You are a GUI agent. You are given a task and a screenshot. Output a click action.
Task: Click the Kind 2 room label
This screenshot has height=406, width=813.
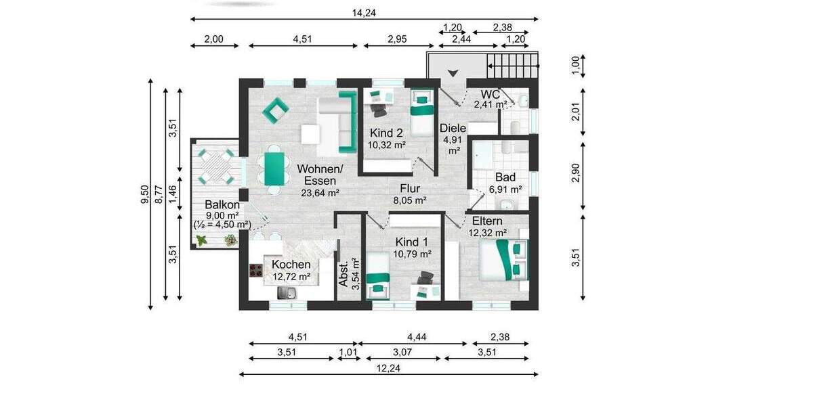386,133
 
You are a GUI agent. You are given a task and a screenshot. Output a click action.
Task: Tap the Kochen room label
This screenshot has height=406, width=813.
291,265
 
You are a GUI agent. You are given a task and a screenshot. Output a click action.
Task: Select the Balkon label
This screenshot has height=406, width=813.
222,204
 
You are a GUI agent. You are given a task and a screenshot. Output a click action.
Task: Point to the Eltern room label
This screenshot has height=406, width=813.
487,221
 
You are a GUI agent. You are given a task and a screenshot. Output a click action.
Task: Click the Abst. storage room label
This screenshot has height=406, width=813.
344,274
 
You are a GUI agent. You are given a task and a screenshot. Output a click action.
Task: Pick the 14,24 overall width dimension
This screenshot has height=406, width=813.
364,12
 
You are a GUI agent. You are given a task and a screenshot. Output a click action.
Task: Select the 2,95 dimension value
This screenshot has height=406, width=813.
397,39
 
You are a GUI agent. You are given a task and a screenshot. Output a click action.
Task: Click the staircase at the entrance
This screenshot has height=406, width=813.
512,66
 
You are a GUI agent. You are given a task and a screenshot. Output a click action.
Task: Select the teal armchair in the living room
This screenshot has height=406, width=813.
276,110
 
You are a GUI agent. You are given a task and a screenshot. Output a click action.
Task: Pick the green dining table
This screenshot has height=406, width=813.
273,168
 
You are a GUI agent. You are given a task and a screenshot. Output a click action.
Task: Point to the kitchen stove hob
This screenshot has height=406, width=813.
257,271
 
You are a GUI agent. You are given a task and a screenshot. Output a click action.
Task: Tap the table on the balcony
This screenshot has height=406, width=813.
215,166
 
